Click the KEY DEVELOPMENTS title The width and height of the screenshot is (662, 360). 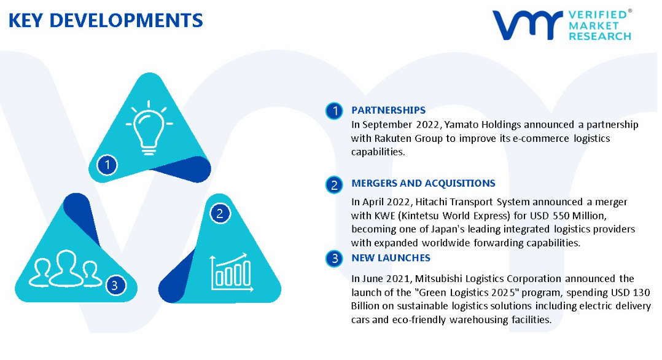106,20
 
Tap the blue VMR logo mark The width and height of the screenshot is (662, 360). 528,25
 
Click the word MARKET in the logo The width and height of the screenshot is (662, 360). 594,25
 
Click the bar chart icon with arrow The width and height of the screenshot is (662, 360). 232,273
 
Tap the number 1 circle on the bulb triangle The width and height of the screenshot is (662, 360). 107,165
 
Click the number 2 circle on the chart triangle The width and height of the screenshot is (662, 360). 220,213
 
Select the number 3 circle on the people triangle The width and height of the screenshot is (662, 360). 115,286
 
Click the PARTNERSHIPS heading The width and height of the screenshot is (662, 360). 388,111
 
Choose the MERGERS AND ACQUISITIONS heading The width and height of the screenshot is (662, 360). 423,184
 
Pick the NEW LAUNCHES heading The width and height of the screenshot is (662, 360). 391,258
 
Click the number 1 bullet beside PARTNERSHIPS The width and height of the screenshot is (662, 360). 334,111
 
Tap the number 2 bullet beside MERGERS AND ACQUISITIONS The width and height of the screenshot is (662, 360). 334,185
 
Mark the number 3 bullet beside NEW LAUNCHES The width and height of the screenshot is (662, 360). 334,258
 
